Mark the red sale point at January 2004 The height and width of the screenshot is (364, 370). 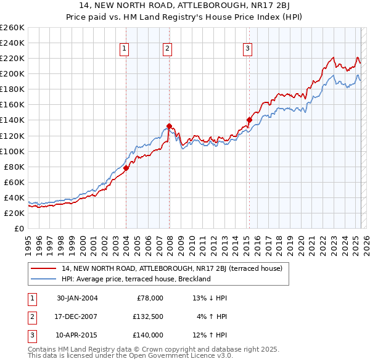tap(126, 168)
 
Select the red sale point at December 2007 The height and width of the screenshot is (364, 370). tap(168, 126)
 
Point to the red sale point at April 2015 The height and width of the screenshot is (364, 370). tap(249, 120)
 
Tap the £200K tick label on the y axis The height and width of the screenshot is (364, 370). tap(12, 73)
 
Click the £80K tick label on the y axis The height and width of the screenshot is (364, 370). tap(14, 167)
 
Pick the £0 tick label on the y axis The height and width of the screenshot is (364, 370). tap(18, 228)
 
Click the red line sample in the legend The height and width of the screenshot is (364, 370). tap(44, 268)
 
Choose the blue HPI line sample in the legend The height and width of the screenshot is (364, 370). tap(44, 279)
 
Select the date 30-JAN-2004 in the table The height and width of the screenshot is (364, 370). tap(77, 298)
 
